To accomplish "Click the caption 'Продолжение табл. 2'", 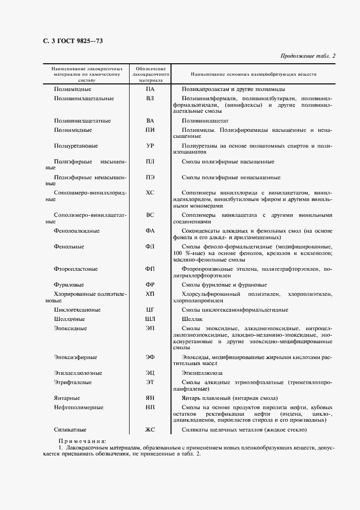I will (308, 55).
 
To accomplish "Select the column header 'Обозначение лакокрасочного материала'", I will (150, 74).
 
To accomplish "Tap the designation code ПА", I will (150, 89).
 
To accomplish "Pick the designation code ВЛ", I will (150, 98).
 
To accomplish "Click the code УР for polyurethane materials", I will (150, 146).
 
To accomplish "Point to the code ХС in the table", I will (150, 192).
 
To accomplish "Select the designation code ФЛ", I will (150, 246).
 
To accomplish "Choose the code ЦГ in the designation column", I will (150, 309).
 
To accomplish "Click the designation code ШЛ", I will (150, 319).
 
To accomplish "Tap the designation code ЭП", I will (150, 328).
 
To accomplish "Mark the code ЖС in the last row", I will (150, 429).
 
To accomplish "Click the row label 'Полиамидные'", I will (72, 89).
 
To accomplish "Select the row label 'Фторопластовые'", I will (76, 269).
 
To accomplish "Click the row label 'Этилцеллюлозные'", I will (78, 373).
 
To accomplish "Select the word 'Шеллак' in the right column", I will (192, 319).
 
